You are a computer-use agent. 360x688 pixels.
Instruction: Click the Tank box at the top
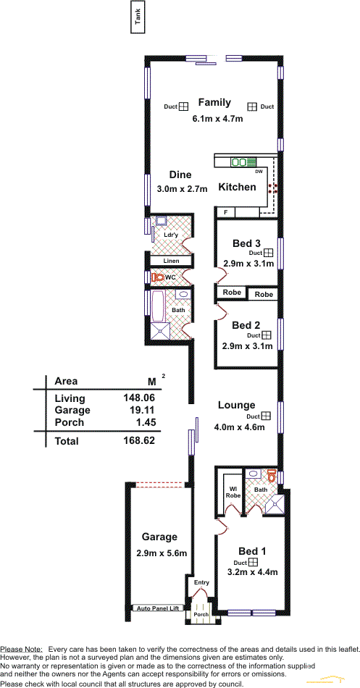point(138,17)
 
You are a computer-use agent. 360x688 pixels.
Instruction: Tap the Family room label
point(214,103)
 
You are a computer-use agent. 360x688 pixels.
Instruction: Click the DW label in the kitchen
point(259,172)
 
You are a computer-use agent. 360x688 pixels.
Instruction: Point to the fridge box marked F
point(226,212)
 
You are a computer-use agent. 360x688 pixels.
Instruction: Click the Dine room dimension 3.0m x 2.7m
point(182,190)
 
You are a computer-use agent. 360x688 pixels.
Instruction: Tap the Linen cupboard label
point(171,261)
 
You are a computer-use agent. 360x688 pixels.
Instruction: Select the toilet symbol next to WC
point(157,277)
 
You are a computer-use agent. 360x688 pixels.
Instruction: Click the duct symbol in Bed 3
point(268,253)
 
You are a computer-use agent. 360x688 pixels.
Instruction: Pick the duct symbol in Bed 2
point(266,335)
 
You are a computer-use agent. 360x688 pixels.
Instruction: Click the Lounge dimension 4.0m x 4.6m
point(239,428)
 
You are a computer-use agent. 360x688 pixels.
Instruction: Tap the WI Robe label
point(233,492)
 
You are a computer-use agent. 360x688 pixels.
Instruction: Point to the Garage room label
point(159,537)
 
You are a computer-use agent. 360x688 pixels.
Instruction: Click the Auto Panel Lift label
point(158,608)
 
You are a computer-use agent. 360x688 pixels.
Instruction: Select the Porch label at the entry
point(201,615)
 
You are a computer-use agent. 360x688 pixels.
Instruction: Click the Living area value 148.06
point(139,398)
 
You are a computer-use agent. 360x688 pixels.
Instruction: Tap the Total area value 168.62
point(139,440)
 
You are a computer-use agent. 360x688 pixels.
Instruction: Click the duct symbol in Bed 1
point(253,563)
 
